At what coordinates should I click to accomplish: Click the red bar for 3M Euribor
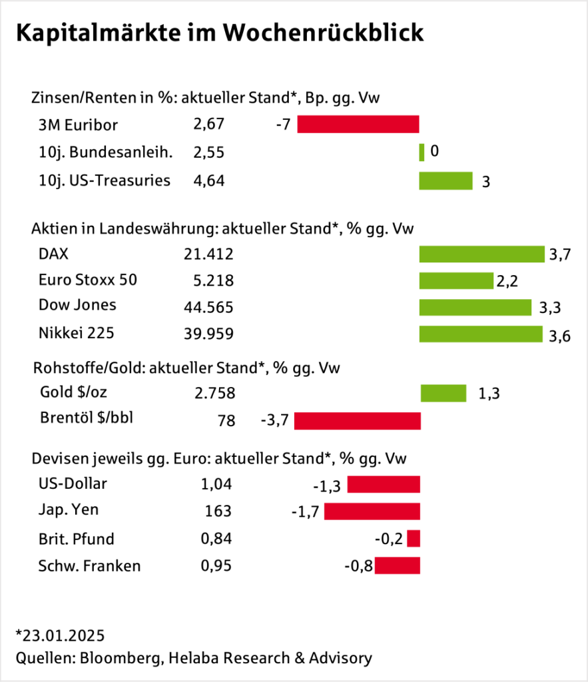point(358,125)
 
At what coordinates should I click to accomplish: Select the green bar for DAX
point(481,254)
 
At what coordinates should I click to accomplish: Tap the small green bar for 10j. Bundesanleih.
point(422,153)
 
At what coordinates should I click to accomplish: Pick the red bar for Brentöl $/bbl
point(357,421)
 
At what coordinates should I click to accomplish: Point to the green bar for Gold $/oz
point(443,394)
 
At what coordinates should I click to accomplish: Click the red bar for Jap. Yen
point(372,511)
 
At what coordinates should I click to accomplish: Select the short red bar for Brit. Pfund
point(414,539)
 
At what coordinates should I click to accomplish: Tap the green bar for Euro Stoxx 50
point(455,280)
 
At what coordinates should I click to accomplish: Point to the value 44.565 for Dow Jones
point(208,307)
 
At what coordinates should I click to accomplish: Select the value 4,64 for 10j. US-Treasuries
point(208,180)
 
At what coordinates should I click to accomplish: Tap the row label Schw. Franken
point(89,566)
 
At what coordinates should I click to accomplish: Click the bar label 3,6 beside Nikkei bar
point(560,336)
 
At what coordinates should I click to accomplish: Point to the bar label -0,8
point(358,567)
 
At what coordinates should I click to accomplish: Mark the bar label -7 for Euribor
point(282,125)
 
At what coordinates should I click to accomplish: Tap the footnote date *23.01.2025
point(59,633)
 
